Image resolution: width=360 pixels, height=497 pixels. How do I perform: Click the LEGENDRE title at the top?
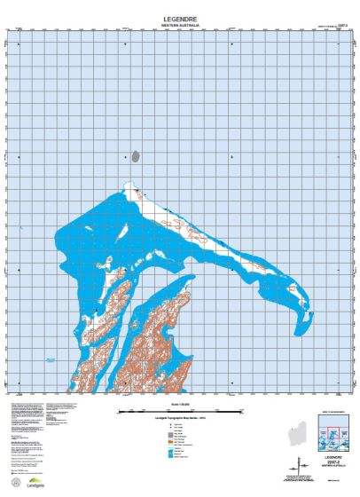(180, 16)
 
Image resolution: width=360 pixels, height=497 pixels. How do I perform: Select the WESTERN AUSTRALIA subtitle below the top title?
(180, 24)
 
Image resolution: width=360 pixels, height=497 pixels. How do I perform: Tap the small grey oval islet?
(136, 156)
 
